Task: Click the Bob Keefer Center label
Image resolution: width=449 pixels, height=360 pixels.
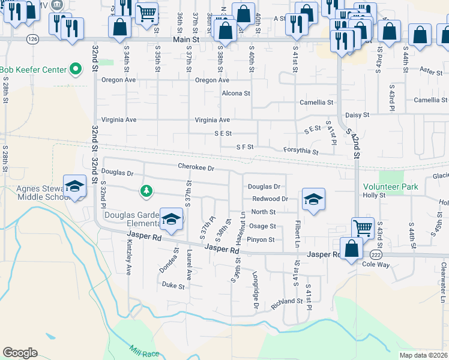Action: (x=33, y=70)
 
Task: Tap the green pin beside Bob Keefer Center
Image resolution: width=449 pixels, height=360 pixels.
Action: (x=76, y=70)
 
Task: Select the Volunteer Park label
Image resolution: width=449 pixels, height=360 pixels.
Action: (x=390, y=187)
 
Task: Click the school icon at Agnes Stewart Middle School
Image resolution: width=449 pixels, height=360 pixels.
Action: (x=75, y=187)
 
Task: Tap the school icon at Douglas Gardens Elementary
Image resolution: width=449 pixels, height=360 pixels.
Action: (x=171, y=220)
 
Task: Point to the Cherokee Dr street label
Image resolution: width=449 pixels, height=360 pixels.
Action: (x=196, y=167)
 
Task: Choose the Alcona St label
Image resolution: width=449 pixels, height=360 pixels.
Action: (x=236, y=93)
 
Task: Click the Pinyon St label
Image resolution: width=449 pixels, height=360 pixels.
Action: (x=262, y=240)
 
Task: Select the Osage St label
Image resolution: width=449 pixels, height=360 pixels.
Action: (x=263, y=226)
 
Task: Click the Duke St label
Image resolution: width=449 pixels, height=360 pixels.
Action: (x=173, y=286)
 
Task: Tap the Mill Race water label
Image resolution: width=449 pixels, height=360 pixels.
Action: (x=145, y=350)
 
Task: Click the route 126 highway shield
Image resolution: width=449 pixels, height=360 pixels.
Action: (x=34, y=38)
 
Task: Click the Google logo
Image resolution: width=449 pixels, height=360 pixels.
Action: (x=20, y=353)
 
